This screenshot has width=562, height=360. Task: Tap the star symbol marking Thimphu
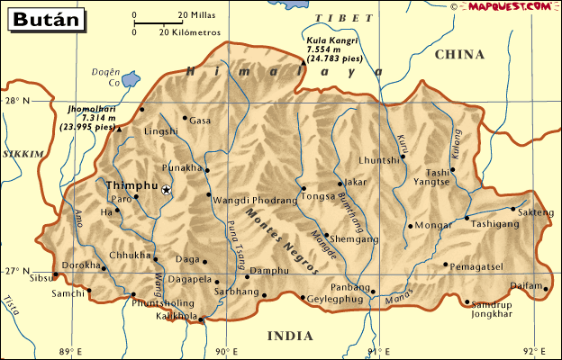point(166,190)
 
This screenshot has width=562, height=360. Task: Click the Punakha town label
point(180,167)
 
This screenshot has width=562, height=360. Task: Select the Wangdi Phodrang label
point(255,200)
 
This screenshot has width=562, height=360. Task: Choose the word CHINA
point(459,56)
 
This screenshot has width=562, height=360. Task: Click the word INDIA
point(290,336)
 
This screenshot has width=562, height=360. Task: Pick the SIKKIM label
point(22,155)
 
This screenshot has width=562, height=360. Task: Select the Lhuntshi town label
point(378,160)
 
